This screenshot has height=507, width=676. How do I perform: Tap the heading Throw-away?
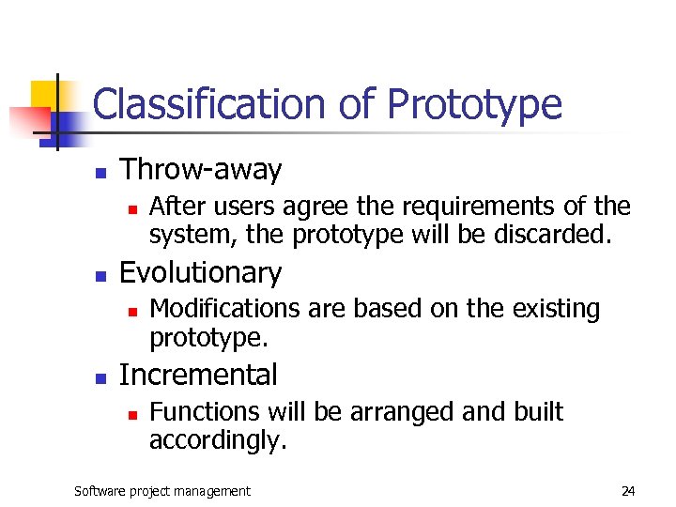(201, 170)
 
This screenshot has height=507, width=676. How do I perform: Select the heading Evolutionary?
(201, 272)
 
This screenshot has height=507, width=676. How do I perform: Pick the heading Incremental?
(199, 375)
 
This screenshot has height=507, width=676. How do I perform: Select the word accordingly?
(217, 439)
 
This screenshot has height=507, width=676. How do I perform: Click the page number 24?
(628, 491)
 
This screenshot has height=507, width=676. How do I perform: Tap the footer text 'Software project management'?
(162, 491)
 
